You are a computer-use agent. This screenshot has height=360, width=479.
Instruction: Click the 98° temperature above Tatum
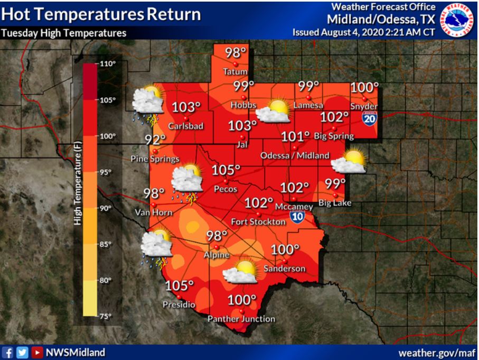[x=236, y=53]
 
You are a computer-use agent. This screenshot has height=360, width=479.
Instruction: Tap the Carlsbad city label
[x=182, y=126]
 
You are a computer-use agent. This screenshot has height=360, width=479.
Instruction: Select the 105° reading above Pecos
[x=226, y=171]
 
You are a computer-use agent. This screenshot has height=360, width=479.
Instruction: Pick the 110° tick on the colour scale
[x=108, y=63]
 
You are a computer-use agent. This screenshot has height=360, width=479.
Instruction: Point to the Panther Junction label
[x=241, y=319]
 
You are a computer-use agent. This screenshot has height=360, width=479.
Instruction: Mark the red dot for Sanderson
[x=284, y=261]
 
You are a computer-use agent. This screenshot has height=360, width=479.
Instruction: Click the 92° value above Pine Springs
[x=156, y=140]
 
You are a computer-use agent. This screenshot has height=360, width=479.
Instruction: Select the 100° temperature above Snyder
[x=365, y=88]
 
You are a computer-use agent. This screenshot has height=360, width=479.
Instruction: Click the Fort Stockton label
[x=259, y=222]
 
